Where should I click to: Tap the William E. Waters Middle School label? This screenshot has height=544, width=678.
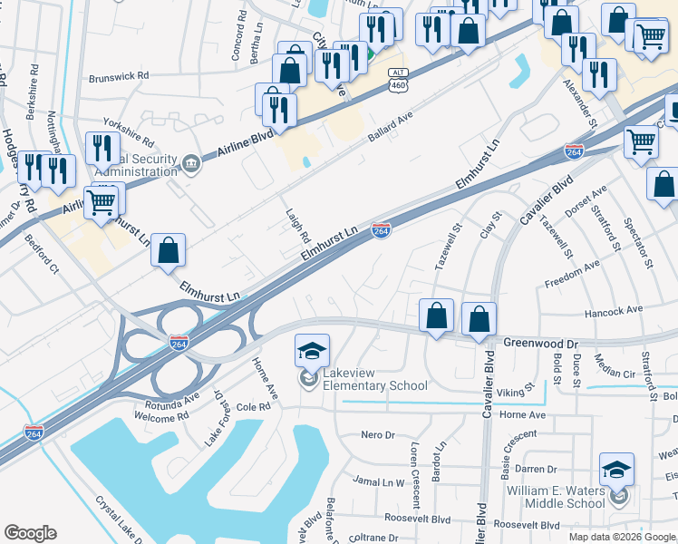(556, 496)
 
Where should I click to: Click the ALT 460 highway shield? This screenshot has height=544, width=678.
(398, 80)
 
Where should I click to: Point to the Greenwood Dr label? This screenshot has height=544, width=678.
(541, 344)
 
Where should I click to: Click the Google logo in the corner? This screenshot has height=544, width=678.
(30, 533)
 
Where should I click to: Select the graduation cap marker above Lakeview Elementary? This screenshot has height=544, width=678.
(312, 350)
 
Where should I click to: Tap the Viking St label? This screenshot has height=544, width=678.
(510, 393)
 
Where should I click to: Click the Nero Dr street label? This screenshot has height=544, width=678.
(378, 435)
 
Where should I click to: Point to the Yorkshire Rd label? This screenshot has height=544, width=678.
(129, 131)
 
